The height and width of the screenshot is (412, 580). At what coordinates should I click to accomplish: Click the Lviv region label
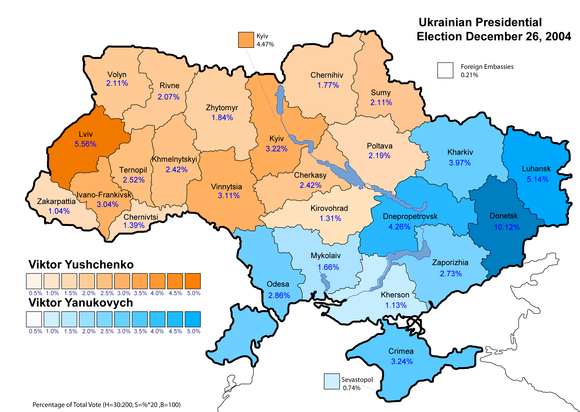[86, 134]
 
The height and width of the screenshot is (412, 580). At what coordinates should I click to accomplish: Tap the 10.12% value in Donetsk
[507, 227]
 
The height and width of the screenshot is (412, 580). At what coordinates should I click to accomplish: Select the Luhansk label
[536, 169]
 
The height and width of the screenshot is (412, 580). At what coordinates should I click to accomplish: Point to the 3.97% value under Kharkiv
[460, 163]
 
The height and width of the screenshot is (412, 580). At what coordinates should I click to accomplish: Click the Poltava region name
[379, 146]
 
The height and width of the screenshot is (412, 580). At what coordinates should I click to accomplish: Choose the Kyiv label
[276, 139]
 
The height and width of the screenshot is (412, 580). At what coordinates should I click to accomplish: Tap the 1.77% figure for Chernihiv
[328, 85]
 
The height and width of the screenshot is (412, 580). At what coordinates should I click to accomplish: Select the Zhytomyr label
[222, 108]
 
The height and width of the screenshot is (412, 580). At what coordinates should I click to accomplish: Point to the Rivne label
[169, 86]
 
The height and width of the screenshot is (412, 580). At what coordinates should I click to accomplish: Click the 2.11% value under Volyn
[117, 83]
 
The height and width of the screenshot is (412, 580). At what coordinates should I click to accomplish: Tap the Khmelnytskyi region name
[175, 159]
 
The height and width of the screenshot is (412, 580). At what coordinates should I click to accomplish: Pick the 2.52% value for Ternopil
[134, 180]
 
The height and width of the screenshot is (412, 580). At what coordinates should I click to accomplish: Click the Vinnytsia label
[226, 187]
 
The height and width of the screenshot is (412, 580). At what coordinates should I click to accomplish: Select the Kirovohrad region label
[329, 208]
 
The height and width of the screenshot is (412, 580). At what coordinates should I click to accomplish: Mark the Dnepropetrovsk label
[410, 216]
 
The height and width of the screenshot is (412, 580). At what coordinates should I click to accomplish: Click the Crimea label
[401, 351]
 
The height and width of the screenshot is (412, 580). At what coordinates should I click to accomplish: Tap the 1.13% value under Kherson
[396, 305]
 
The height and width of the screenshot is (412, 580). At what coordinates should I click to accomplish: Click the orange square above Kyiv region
[246, 40]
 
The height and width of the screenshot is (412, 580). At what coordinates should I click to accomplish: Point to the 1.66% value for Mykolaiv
[328, 267]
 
